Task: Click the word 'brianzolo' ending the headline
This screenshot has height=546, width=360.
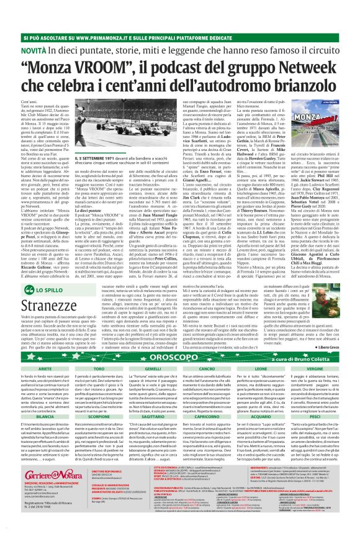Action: click(304, 89)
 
